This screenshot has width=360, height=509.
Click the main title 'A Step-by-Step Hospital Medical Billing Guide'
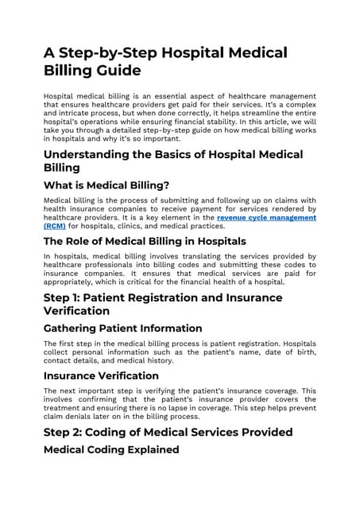tap(165, 62)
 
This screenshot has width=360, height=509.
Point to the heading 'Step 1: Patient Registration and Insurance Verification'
tap(162, 304)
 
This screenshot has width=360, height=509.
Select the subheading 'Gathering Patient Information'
tap(122, 328)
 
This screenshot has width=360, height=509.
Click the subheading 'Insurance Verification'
tap(101, 375)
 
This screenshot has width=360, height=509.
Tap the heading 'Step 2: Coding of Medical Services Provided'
tap(168, 432)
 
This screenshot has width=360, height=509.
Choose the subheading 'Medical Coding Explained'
tap(111, 450)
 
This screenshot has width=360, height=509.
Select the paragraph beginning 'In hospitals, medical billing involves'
tap(179, 269)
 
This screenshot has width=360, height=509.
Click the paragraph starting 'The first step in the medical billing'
tap(179, 352)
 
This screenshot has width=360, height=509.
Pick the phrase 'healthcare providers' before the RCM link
tap(76, 217)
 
